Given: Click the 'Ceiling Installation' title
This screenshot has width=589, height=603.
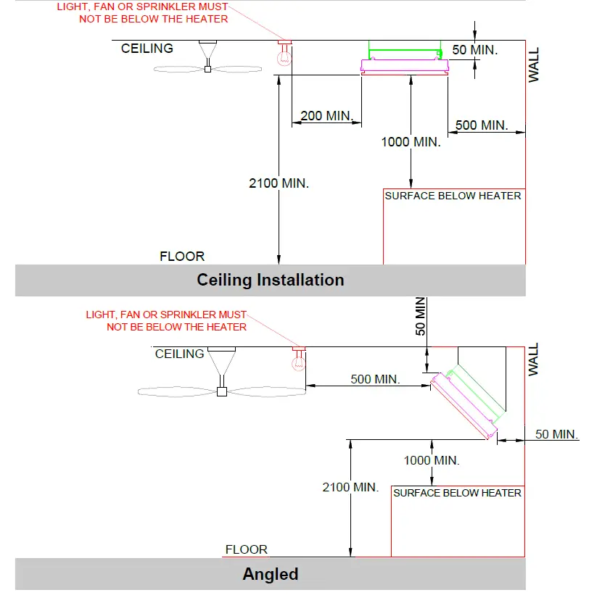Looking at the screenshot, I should click(271, 280).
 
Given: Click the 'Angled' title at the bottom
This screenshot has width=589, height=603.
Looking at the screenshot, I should click(271, 575).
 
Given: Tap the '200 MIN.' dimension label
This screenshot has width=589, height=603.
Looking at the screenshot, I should click(326, 116).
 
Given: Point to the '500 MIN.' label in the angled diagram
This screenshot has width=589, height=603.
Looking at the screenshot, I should click(375, 379).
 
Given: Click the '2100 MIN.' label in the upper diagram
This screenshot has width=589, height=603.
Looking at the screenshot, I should click(279, 183).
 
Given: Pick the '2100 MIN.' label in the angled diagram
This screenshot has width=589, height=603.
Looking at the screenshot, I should click(350, 488).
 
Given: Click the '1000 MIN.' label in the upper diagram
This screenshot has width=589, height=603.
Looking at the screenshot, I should click(411, 142).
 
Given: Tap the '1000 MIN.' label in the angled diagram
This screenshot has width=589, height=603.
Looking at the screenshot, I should click(432, 460).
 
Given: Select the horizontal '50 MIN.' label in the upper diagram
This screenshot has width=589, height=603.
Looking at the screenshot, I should click(475, 50).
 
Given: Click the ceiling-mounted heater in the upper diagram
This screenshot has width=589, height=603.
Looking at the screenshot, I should click(405, 62).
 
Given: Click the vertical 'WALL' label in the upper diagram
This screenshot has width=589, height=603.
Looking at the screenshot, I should click(535, 65).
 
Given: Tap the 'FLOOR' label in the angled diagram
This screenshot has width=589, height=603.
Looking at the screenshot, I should click(247, 549).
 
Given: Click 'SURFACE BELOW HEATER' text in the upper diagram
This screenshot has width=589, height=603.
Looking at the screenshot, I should click(453, 196).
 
